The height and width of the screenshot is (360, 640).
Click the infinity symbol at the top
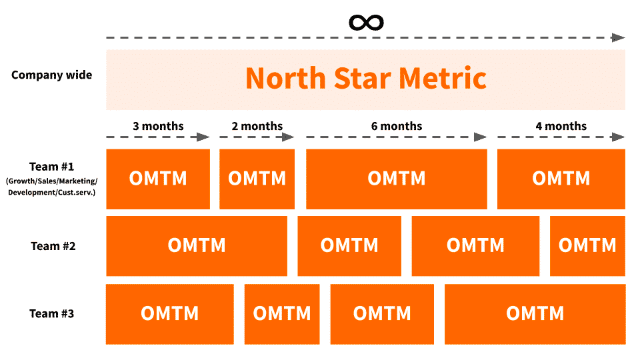(366, 22)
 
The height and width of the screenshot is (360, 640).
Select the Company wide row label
(52, 75)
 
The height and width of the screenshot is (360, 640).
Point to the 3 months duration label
(158, 126)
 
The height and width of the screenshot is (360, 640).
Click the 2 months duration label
(257, 126)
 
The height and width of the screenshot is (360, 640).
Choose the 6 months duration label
(397, 126)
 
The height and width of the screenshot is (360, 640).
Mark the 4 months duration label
(561, 126)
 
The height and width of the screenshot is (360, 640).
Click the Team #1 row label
(52, 167)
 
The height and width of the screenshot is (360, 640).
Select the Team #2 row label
(53, 246)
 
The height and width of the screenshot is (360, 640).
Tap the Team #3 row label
(52, 313)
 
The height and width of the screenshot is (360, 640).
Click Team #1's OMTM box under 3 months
(158, 179)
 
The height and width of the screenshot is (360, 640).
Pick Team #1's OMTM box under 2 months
(257, 179)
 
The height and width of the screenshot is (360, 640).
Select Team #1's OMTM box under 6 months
(397, 179)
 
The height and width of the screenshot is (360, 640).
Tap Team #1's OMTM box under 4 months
(561, 179)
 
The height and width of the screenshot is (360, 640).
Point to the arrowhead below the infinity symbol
(618, 37)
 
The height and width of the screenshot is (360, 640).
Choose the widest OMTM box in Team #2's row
(197, 245)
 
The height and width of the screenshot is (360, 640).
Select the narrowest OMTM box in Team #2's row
(587, 245)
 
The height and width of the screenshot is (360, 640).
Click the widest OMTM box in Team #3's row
(535, 313)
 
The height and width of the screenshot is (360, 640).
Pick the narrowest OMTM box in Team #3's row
(282, 313)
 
